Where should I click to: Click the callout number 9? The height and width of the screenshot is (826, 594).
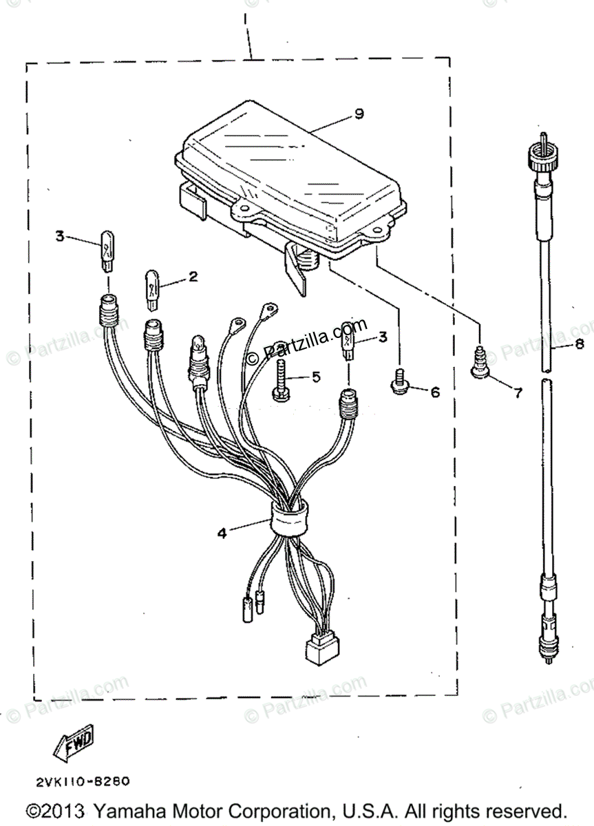click(x=358, y=114)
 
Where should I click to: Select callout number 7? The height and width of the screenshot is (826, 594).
click(x=516, y=394)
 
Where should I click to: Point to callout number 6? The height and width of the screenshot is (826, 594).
click(x=434, y=392)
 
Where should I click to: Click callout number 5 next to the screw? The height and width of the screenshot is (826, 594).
click(x=316, y=377)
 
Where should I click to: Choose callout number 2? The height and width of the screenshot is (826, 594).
click(x=193, y=277)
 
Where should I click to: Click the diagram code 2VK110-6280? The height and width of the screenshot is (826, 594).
click(x=78, y=782)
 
